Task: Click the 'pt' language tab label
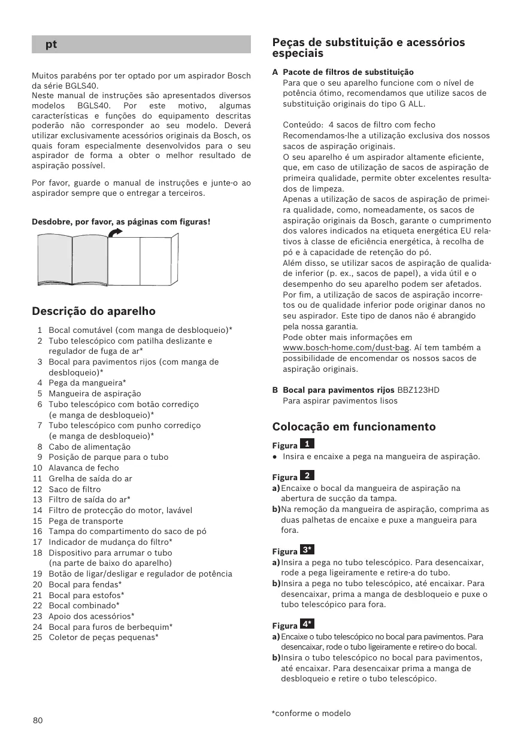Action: point(51,44)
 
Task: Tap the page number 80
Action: point(38,720)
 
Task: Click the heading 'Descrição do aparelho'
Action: point(93,311)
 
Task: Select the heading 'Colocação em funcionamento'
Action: point(354,427)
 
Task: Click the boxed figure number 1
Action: point(307,444)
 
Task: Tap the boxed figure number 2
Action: point(307,475)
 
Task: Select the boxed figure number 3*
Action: point(307,550)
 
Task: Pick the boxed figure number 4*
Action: point(307,624)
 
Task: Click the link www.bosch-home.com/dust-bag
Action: point(346,348)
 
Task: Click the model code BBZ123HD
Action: point(418,390)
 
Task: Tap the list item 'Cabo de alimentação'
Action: point(89,447)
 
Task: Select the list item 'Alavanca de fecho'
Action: point(84,468)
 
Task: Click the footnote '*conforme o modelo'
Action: point(311,713)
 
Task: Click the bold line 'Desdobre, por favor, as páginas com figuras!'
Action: point(121,222)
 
